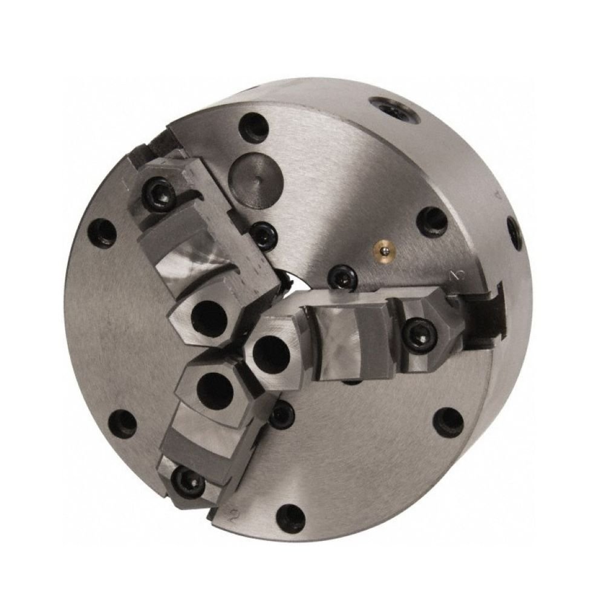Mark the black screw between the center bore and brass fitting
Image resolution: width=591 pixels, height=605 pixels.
pos(341,276)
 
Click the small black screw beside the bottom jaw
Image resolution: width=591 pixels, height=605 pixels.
pos(281,416)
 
